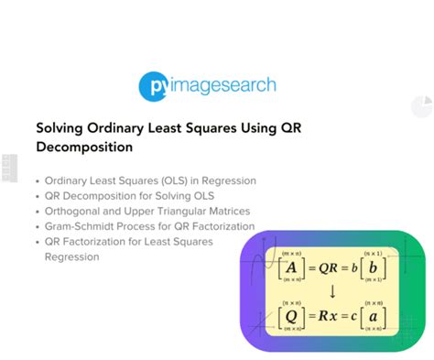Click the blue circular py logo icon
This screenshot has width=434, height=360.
tap(155, 85)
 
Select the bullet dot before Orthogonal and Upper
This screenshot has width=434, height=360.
tap(38, 212)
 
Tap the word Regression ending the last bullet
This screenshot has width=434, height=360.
tap(71, 257)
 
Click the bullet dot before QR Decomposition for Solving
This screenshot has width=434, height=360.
tap(38, 196)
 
